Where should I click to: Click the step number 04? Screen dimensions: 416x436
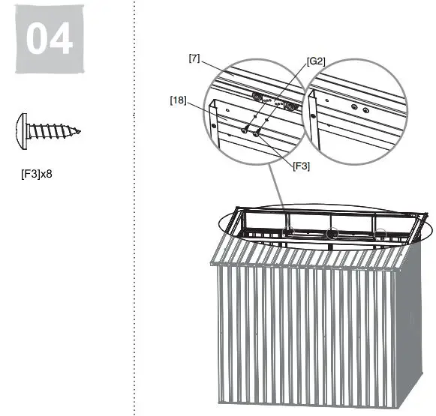pos(49,40)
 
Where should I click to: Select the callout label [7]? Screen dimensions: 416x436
pos(194,58)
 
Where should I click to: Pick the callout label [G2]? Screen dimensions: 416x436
pos(316,61)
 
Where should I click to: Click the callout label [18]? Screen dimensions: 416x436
pos(178,99)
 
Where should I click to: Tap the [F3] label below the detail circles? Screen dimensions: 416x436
pos(301,166)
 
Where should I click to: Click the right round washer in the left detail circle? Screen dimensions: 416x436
pos(289,106)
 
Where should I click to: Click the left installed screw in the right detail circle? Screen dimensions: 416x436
pos(353,107)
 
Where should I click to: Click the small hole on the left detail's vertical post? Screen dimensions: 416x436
pos(214,127)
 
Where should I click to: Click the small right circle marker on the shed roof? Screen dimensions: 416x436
pos(381,233)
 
